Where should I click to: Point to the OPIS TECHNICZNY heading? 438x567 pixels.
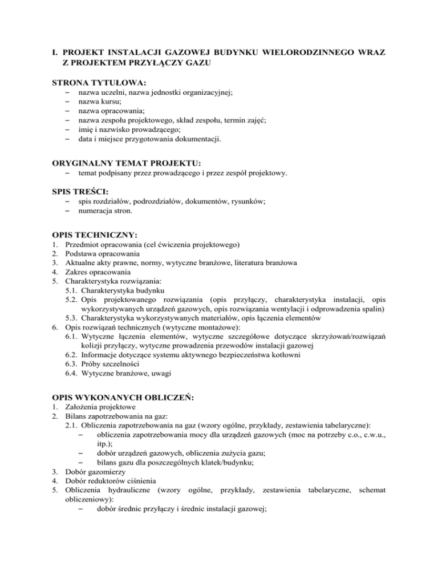pyautogui.click(x=94, y=234)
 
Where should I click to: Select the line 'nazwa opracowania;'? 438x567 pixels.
pyautogui.click(x=111, y=111)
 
